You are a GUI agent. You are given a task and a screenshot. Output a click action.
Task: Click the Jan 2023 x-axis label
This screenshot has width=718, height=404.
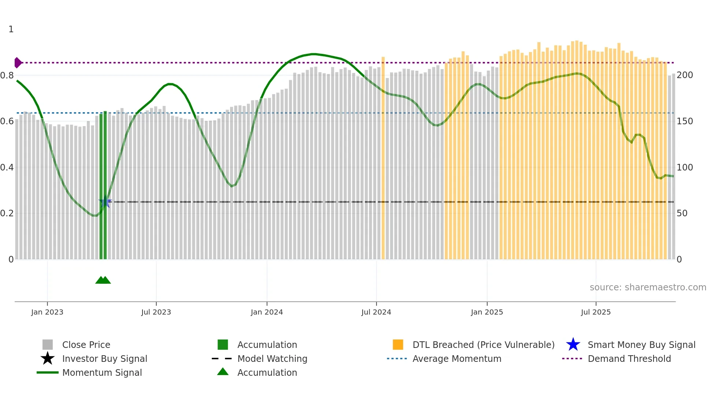(x=47, y=312)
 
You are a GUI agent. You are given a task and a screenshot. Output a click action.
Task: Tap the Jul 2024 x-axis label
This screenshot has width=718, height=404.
(x=376, y=312)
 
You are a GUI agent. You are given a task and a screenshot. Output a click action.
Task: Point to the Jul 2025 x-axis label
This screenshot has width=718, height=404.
(x=596, y=312)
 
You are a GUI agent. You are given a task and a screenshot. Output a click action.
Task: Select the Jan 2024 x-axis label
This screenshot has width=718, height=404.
(x=267, y=312)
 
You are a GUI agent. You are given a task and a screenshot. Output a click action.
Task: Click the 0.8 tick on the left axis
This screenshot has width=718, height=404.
(x=7, y=76)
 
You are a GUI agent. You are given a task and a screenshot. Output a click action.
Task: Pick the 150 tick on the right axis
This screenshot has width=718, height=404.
(x=684, y=121)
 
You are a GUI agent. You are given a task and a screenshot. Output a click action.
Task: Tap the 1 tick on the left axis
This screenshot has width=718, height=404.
(x=11, y=29)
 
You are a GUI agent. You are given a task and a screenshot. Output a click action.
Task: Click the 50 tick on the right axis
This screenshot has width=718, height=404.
(x=682, y=213)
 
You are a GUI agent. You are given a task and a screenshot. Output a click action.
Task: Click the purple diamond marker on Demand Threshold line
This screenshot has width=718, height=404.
(x=18, y=63)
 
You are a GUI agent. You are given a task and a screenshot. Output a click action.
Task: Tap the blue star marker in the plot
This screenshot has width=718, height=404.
(x=105, y=202)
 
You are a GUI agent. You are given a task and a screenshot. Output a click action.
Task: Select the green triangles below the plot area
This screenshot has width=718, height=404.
(x=103, y=280)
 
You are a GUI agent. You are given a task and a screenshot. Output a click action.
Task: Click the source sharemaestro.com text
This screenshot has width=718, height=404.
(x=648, y=287)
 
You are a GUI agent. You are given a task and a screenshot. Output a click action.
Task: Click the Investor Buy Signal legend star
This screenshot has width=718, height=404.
(x=48, y=359)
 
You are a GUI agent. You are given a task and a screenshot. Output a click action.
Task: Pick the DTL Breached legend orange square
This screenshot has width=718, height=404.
(x=398, y=345)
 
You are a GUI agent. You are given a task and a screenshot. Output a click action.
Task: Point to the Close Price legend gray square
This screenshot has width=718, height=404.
(x=48, y=345)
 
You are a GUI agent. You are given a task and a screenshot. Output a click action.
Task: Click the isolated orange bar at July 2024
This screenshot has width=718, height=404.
(x=383, y=158)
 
